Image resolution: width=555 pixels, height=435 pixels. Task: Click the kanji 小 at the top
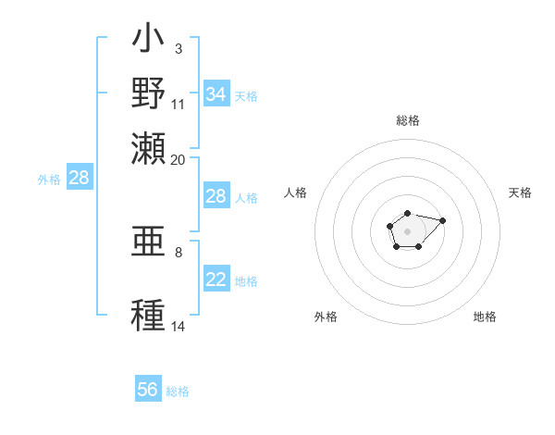tap(149, 40)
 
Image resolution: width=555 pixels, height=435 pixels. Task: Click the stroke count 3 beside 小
tap(178, 48)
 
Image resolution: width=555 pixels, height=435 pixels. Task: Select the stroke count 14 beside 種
tap(178, 327)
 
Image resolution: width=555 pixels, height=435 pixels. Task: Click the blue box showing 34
tap(216, 94)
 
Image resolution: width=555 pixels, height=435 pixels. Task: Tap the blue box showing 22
tap(216, 280)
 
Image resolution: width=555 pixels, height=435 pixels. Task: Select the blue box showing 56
tap(148, 390)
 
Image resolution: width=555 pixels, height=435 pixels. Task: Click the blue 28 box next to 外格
tap(79, 179)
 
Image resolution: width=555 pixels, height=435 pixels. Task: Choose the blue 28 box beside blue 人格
tap(216, 196)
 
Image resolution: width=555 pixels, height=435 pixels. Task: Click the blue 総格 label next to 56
tap(178, 391)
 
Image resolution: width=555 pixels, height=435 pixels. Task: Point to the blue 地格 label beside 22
tap(246, 281)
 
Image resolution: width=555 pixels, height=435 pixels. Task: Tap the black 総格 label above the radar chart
tap(407, 120)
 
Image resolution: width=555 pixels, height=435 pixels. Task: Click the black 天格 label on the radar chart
tap(520, 193)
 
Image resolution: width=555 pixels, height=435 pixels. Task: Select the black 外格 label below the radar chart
tap(326, 317)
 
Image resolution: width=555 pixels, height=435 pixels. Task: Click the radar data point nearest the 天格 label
tap(442, 220)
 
